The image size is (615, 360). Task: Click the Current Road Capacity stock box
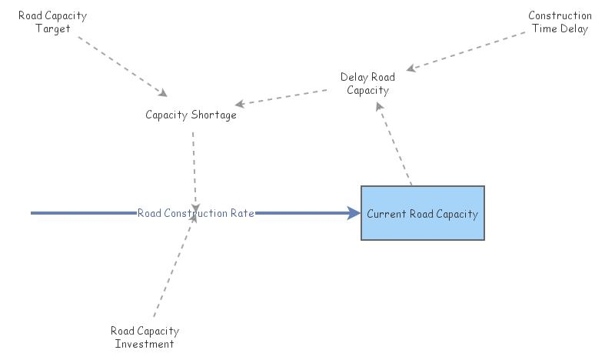point(423,213)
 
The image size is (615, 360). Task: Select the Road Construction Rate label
point(196,213)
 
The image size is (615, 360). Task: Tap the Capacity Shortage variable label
point(191,115)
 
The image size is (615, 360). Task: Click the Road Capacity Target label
point(52,22)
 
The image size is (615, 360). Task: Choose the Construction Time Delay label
point(560,22)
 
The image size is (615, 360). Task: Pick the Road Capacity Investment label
point(145,337)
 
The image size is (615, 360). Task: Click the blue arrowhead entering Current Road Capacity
point(354,213)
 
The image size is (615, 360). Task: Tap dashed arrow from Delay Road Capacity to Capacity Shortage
point(284,97)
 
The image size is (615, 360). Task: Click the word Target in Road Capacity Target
point(53,29)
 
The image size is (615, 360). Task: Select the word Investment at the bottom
point(145,344)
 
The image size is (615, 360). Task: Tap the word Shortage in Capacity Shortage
point(216,115)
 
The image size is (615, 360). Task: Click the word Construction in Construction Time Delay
point(560,15)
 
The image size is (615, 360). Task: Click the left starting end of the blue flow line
point(33,213)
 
